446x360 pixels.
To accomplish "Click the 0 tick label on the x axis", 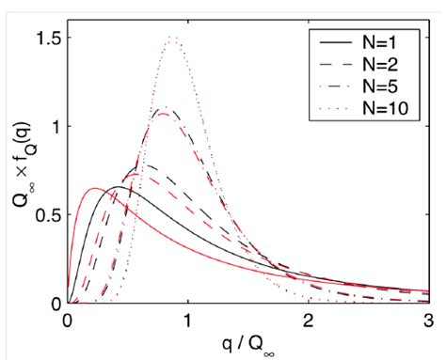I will click(68, 319).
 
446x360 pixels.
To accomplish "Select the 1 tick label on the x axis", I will click(188, 319).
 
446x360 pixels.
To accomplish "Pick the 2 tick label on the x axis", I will click(309, 319).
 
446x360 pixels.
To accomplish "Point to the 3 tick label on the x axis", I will click(429, 319).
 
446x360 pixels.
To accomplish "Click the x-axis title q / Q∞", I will click(248, 343).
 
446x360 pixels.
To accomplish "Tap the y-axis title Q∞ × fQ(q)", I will click(18, 169).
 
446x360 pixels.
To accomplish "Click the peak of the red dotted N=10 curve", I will click(173, 37).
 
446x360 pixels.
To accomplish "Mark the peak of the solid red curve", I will click(94, 189).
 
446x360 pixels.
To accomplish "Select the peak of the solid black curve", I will click(120, 186).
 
